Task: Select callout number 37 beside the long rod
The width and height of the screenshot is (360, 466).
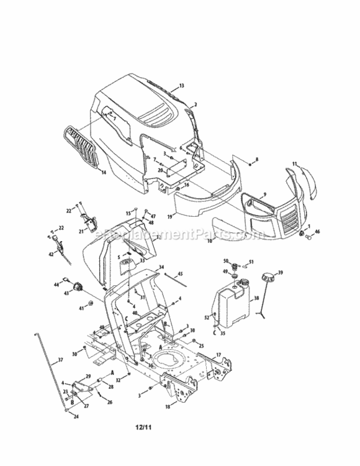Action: tap(60, 360)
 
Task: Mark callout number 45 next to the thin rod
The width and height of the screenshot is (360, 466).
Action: tap(181, 274)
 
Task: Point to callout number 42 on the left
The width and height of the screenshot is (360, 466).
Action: tap(50, 254)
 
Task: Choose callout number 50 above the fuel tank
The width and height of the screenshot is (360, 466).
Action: tap(227, 260)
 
